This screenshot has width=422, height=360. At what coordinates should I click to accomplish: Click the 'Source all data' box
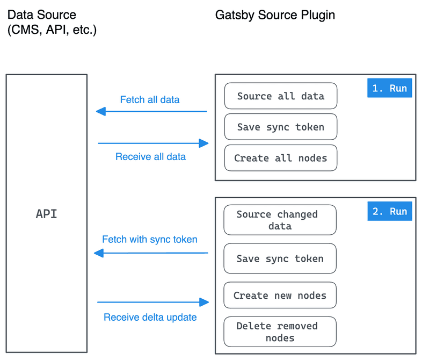[x=280, y=96]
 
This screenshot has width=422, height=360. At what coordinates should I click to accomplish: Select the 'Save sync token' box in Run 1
[x=280, y=127]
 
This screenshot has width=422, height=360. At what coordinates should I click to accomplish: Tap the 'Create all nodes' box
[x=280, y=158]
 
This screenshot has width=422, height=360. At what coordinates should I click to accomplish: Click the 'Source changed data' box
[x=280, y=220]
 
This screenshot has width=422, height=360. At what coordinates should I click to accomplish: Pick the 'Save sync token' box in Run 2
[x=280, y=258]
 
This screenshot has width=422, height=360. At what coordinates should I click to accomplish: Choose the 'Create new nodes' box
[x=280, y=296]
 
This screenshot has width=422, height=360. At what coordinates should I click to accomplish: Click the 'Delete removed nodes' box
[x=280, y=332]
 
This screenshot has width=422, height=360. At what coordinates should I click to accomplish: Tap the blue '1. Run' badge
[x=390, y=88]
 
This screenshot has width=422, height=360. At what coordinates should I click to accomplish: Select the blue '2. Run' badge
[x=390, y=211]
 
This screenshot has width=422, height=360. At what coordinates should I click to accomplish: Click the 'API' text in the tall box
[x=47, y=214]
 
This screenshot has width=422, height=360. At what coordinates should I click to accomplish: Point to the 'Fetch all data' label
[x=150, y=99]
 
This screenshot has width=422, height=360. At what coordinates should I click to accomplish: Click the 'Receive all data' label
[x=150, y=157]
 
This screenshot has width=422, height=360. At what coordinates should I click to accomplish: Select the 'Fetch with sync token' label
[x=150, y=239]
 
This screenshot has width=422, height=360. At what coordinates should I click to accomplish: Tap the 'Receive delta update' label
[x=150, y=317]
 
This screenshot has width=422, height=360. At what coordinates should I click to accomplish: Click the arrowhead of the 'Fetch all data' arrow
[x=100, y=112]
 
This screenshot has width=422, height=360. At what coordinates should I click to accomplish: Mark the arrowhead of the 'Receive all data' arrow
[x=203, y=143]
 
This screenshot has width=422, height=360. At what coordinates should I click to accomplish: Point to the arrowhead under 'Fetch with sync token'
[x=99, y=253]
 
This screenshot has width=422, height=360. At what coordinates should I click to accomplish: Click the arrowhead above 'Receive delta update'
[x=203, y=303]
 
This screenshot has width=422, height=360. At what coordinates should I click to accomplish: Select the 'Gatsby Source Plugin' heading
[x=275, y=15]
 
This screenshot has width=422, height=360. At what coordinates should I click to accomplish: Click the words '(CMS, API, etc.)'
[x=52, y=30]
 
